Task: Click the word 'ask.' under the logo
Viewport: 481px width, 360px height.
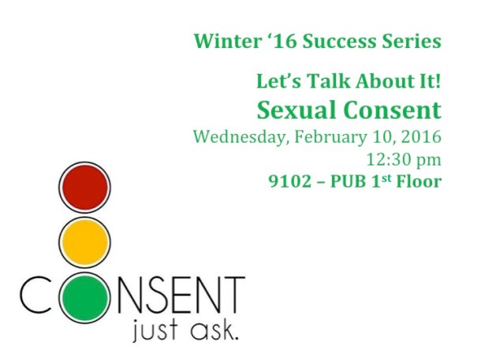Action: [212, 331]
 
